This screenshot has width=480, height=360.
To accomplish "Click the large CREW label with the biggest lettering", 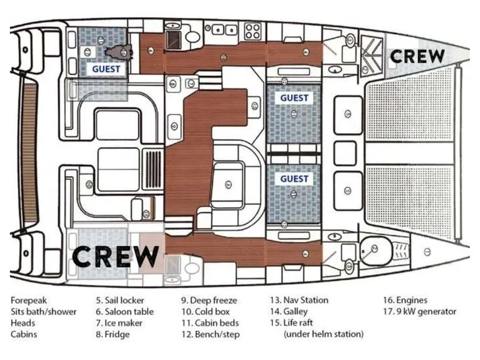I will point(115,255).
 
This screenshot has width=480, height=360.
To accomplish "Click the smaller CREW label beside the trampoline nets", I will point(417,57).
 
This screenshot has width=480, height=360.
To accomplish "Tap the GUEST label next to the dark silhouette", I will point(105,68).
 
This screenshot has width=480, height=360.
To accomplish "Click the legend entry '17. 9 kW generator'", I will point(419,311).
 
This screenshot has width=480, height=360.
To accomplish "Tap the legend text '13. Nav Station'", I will point(300,300).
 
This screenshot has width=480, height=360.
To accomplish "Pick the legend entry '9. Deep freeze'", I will point(209,300).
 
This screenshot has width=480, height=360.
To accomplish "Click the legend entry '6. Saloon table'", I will point(125,311).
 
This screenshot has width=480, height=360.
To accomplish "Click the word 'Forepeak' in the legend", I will point(29,300).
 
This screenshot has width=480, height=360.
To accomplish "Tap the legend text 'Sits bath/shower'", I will point(44,311).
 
